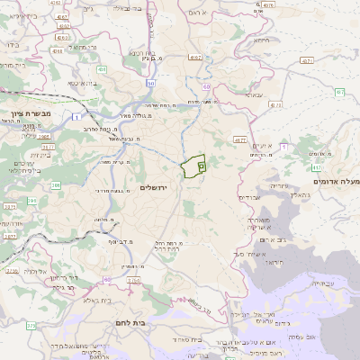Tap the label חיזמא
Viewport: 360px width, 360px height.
click(261, 40)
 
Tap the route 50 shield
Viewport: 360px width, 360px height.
click(151, 84)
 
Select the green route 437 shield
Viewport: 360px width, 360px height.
click(339, 92)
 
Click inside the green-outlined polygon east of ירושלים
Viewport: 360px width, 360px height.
click(193, 167)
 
